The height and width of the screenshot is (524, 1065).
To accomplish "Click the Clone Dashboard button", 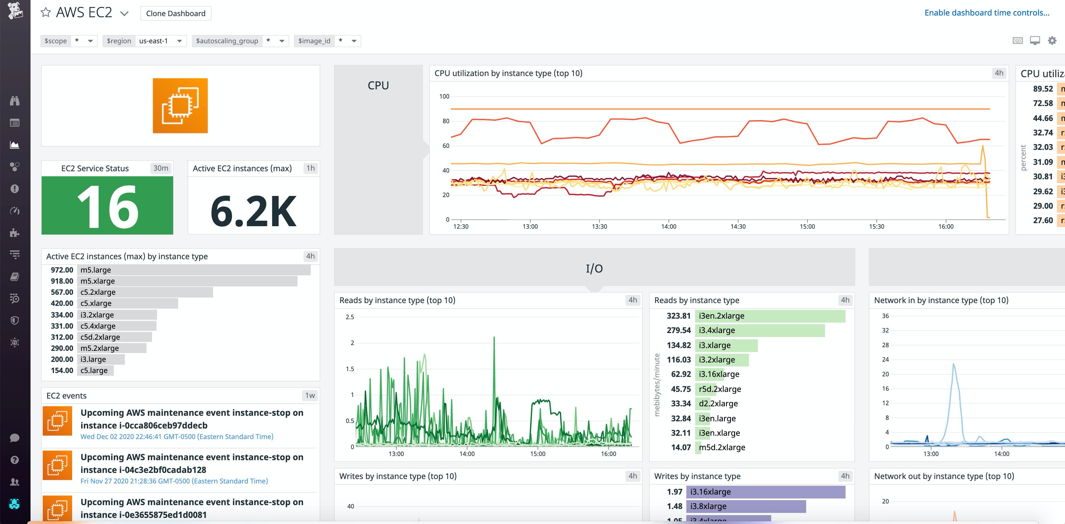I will [176, 13].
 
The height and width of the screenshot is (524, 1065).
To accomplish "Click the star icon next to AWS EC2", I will [46, 12].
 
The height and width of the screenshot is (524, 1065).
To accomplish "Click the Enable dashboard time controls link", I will [986, 13].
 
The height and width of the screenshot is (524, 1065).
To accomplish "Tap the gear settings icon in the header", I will [1052, 41].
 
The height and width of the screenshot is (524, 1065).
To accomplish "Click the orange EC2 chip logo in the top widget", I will [180, 105].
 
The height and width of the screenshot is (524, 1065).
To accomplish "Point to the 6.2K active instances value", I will [253, 211].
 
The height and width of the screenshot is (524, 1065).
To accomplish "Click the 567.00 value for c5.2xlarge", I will [62, 292].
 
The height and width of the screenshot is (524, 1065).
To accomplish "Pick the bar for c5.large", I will [95, 371].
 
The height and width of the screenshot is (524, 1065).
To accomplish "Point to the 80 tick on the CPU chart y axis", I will [446, 121].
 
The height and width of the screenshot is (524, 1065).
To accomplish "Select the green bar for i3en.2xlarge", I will [770, 316].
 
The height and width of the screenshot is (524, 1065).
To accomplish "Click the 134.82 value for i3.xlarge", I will [678, 345].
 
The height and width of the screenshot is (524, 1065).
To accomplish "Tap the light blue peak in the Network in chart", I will [953, 365].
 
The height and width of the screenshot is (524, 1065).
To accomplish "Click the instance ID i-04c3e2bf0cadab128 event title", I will [192, 463].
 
